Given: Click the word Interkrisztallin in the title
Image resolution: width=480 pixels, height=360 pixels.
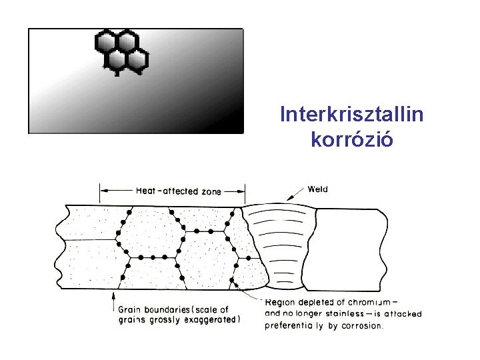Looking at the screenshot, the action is coord(351,115).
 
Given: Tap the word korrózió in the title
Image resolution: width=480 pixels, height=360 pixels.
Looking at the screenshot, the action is coord(351,140).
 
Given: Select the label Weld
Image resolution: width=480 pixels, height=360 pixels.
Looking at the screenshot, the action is coord(318,189).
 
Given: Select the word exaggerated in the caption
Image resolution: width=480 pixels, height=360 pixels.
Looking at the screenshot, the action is coord(211,319).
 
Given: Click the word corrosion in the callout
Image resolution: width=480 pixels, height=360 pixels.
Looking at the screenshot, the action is coord(361,325).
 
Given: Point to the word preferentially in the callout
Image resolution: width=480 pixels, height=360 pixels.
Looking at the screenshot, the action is coord(295,325).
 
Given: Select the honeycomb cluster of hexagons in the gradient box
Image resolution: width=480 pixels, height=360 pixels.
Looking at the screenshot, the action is coord(121,51).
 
